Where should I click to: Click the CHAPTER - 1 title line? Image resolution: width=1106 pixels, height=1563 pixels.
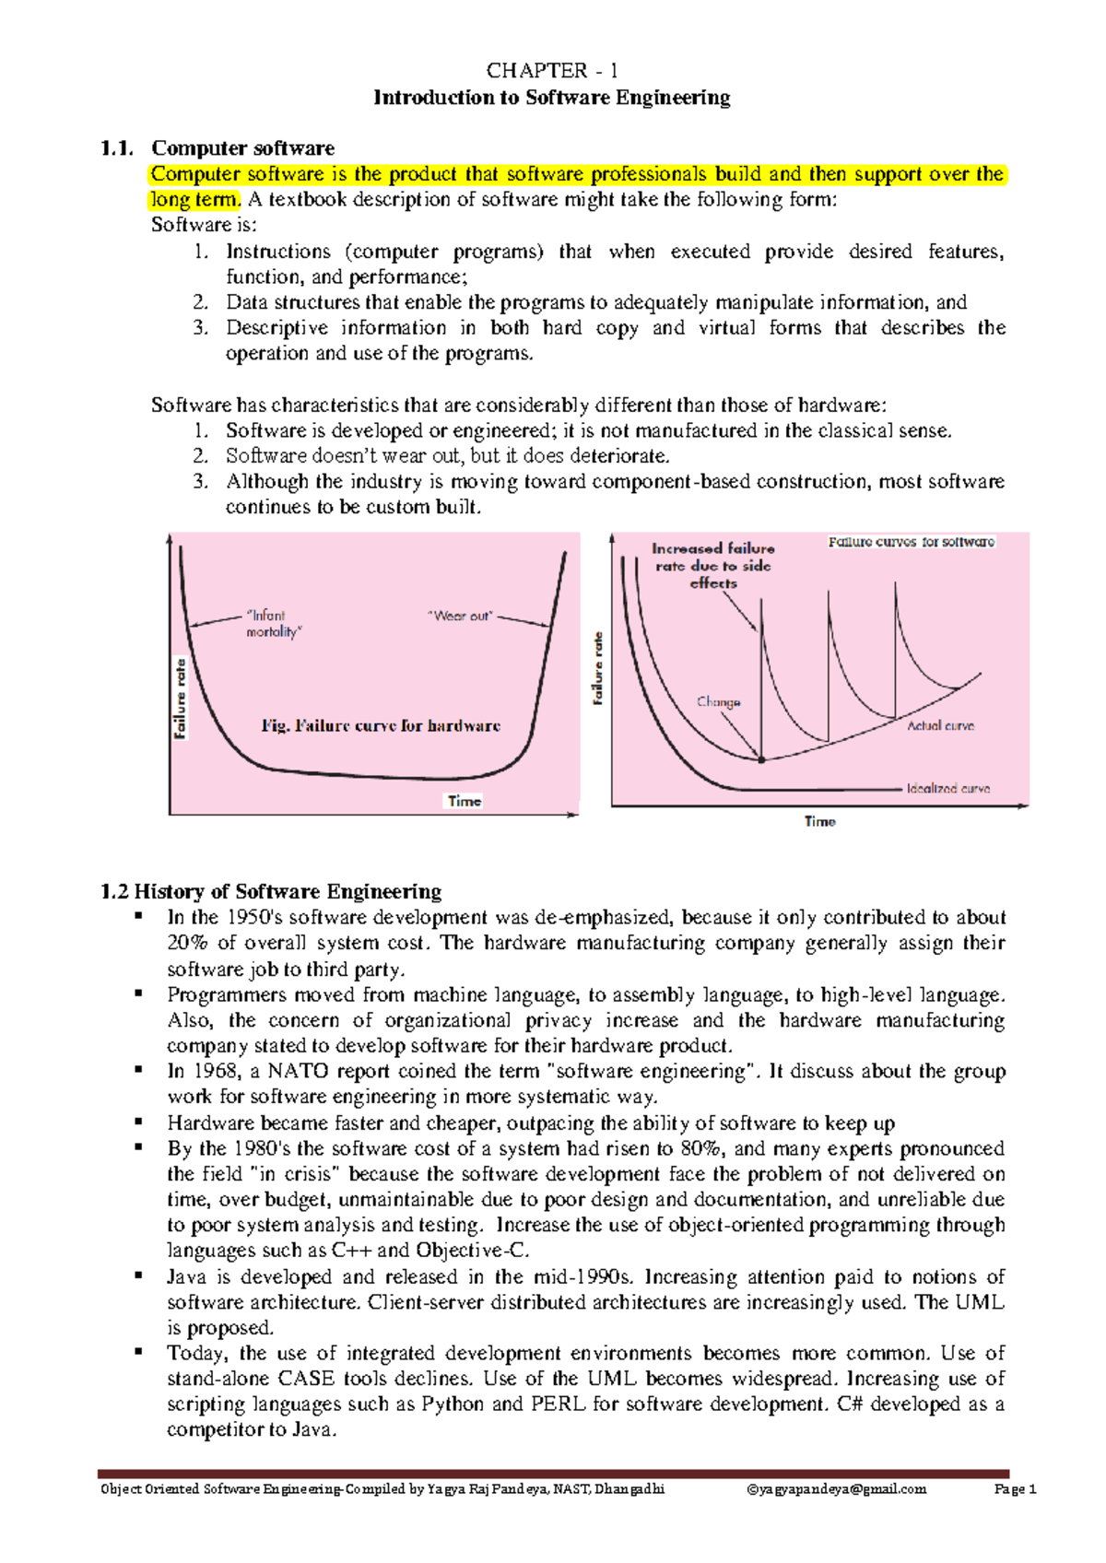pos(552,71)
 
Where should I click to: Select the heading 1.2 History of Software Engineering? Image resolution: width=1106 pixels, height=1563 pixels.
pos(271,891)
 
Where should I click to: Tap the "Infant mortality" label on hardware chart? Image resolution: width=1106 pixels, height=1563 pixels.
pos(273,624)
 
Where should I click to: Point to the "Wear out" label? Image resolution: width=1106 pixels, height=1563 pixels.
pos(460,616)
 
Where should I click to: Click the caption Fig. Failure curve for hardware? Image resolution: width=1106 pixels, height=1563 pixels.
pos(381,726)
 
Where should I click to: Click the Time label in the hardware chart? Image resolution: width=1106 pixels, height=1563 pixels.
pos(465,801)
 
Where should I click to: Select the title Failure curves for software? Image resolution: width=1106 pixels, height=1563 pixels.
pos(911,542)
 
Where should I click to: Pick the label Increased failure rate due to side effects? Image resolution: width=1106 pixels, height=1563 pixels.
pos(713,565)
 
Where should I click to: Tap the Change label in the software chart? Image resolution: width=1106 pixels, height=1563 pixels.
pos(718,701)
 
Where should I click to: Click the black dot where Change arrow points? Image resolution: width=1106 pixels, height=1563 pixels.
pos(761,760)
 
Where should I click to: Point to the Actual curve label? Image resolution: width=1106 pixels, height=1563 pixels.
pos(940,726)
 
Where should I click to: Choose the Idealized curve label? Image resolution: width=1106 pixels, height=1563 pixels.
pos(947,789)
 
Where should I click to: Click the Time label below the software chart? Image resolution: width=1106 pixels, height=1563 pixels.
pos(819,821)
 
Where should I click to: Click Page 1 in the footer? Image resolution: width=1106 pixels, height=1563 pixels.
pos(1016,1489)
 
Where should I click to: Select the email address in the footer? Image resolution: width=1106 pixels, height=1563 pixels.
pos(836,1489)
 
